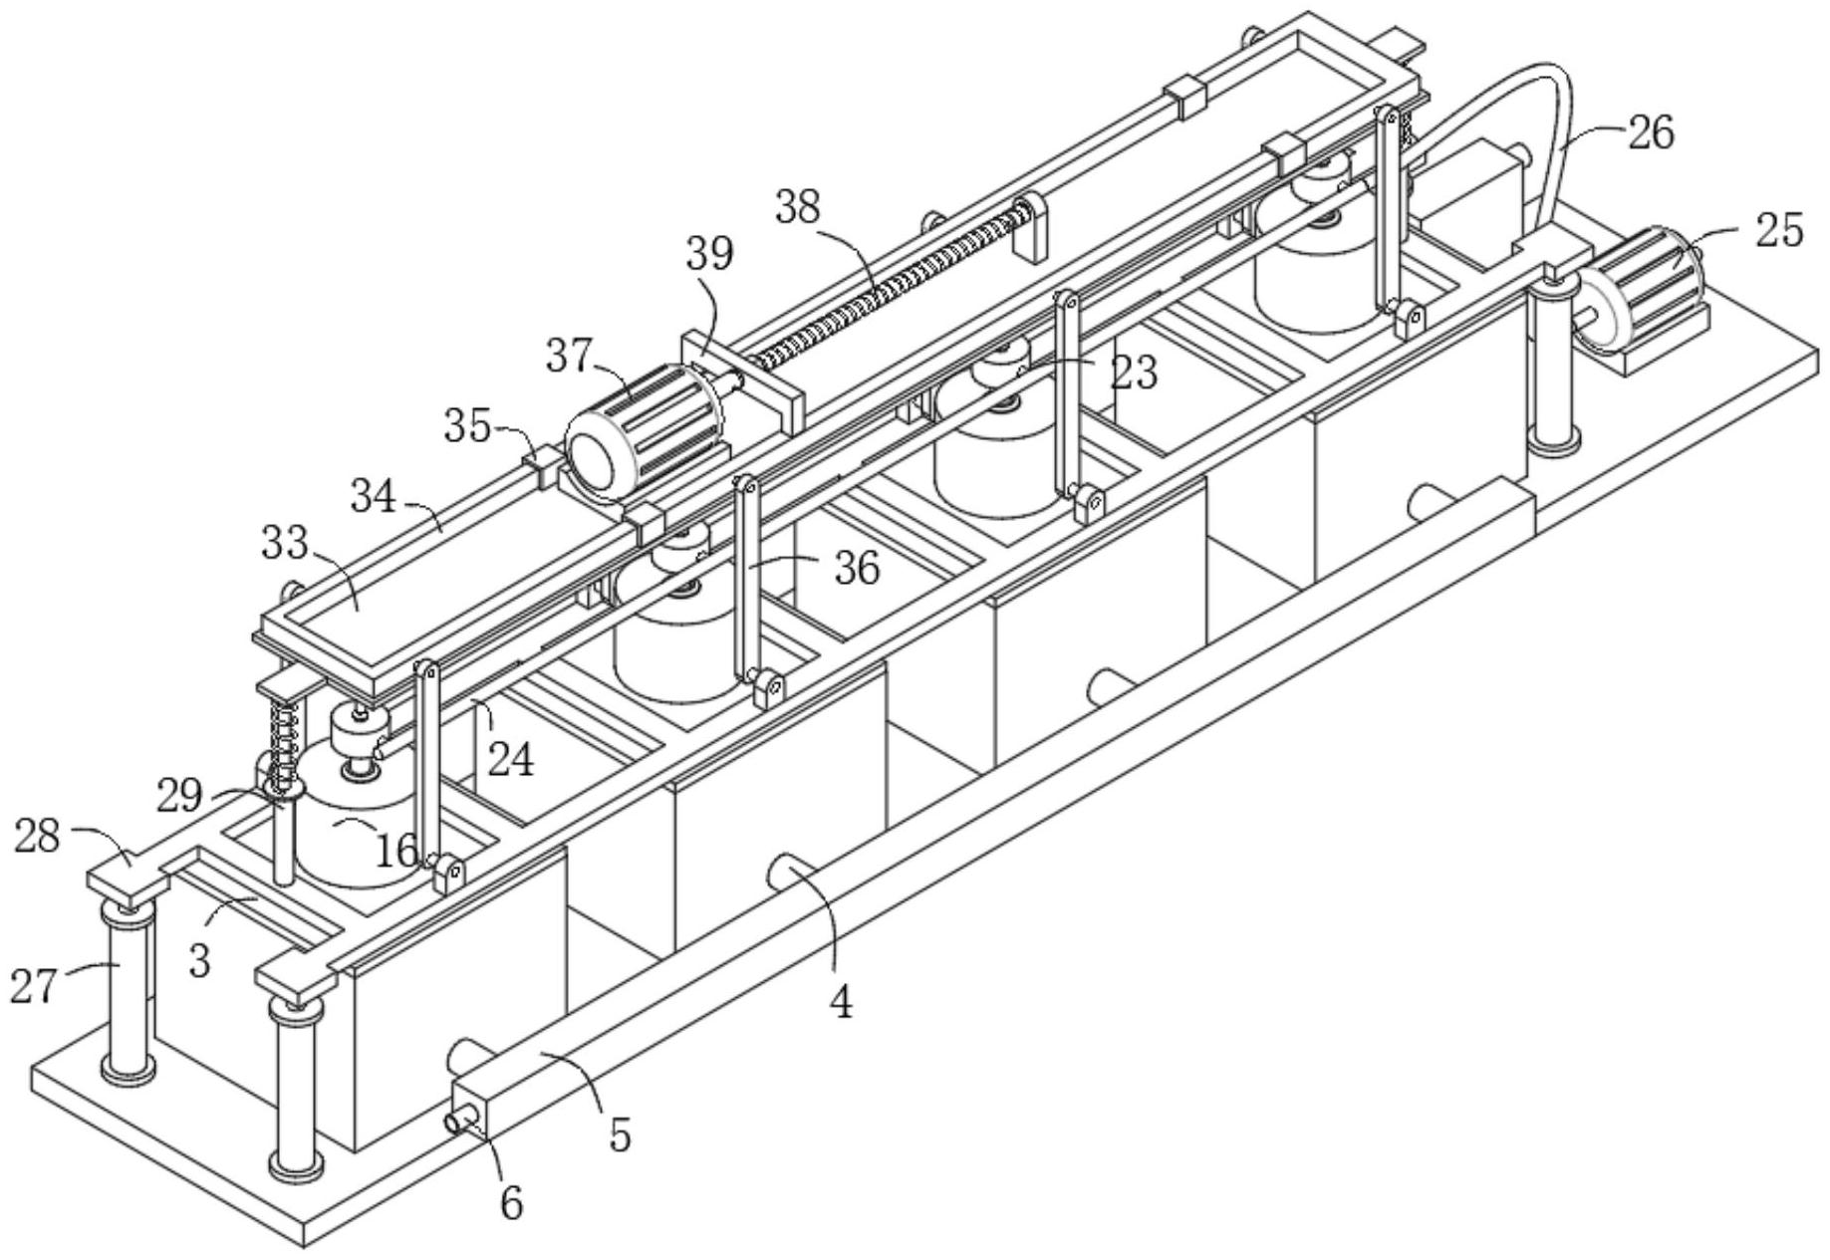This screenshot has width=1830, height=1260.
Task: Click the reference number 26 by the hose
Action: point(1651,131)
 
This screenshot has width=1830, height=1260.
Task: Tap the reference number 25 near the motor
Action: point(1779,230)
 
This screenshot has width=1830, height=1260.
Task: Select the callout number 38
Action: point(798,207)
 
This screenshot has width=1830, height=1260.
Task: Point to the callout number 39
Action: point(709,254)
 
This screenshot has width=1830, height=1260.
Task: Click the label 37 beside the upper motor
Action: point(569,356)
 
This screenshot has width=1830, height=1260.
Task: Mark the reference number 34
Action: point(373,495)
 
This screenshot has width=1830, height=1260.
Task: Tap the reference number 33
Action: point(284,543)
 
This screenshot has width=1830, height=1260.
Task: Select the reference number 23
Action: point(1135,373)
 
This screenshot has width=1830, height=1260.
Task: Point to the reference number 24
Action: point(511,759)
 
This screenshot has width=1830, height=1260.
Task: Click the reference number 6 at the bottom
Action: point(510,1203)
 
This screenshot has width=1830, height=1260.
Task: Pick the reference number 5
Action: point(620,1134)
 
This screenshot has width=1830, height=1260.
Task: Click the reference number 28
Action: point(37,837)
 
